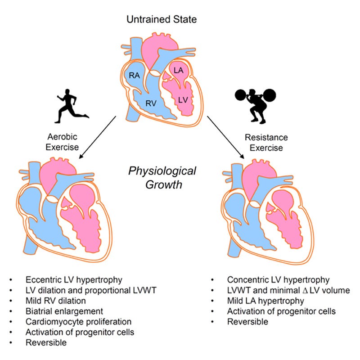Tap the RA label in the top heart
(134, 76)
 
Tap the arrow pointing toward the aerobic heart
(99, 136)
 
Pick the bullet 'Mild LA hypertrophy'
(259, 301)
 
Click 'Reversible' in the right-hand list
(247, 322)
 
